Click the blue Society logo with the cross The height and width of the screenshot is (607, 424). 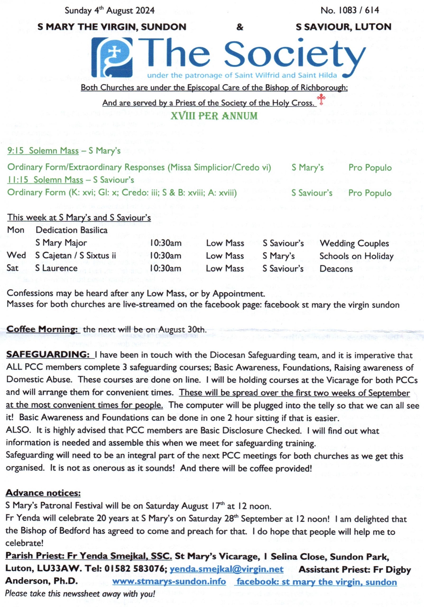coord(112,57)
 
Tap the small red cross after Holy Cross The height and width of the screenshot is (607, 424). coord(321,99)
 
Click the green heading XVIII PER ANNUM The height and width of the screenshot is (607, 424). coord(214,116)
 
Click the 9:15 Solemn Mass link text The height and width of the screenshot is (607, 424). coord(43,151)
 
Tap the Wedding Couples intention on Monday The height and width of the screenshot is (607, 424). coord(354,243)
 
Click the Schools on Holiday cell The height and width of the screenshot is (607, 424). coord(356,256)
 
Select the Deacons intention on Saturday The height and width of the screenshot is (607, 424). coord(336,269)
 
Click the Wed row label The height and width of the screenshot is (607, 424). coord(16,255)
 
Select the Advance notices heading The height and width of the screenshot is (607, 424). coord(43,493)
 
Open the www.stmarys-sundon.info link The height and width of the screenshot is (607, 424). coord(169,582)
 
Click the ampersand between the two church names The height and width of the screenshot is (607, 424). coord(240,27)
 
